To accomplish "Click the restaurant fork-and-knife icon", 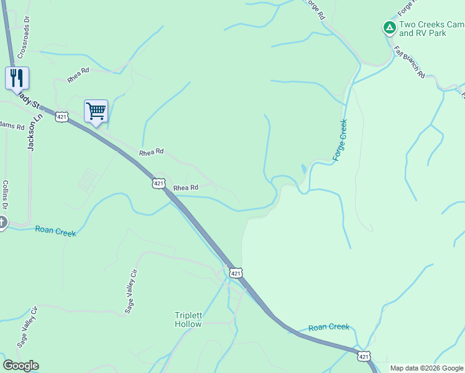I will pyautogui.click(x=17, y=77).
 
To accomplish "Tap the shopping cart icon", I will pyautogui.click(x=96, y=111).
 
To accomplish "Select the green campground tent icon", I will pyautogui.click(x=389, y=27).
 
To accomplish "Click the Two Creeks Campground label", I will pyautogui.click(x=431, y=29).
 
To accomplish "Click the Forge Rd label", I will pyautogui.click(x=315, y=9).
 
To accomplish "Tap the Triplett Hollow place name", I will pyautogui.click(x=188, y=320).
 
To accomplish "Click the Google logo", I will pyautogui.click(x=21, y=366).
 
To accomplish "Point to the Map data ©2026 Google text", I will pyautogui.click(x=426, y=368).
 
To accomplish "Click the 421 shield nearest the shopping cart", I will pyautogui.click(x=61, y=117).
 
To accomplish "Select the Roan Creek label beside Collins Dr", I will pyautogui.click(x=55, y=231).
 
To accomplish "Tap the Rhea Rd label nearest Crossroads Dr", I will pyautogui.click(x=79, y=75).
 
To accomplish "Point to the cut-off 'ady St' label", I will pyautogui.click(x=28, y=99).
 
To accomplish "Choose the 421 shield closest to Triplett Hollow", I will pyautogui.click(x=235, y=273).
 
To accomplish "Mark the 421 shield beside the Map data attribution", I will pyautogui.click(x=364, y=356).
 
